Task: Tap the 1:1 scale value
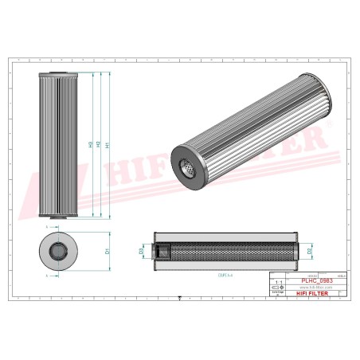click(x=278, y=283)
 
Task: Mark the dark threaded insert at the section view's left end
click(x=158, y=252)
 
